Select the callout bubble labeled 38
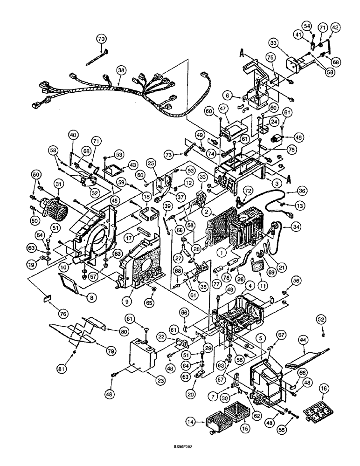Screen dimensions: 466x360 click(x=121, y=70)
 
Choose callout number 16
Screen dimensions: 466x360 click(x=324, y=388)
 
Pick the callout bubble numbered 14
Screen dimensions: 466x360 click(x=203, y=422)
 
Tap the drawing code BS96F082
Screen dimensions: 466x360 click(x=180, y=459)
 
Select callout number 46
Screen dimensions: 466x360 click(x=298, y=137)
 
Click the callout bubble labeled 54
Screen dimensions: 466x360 click(x=307, y=26)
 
